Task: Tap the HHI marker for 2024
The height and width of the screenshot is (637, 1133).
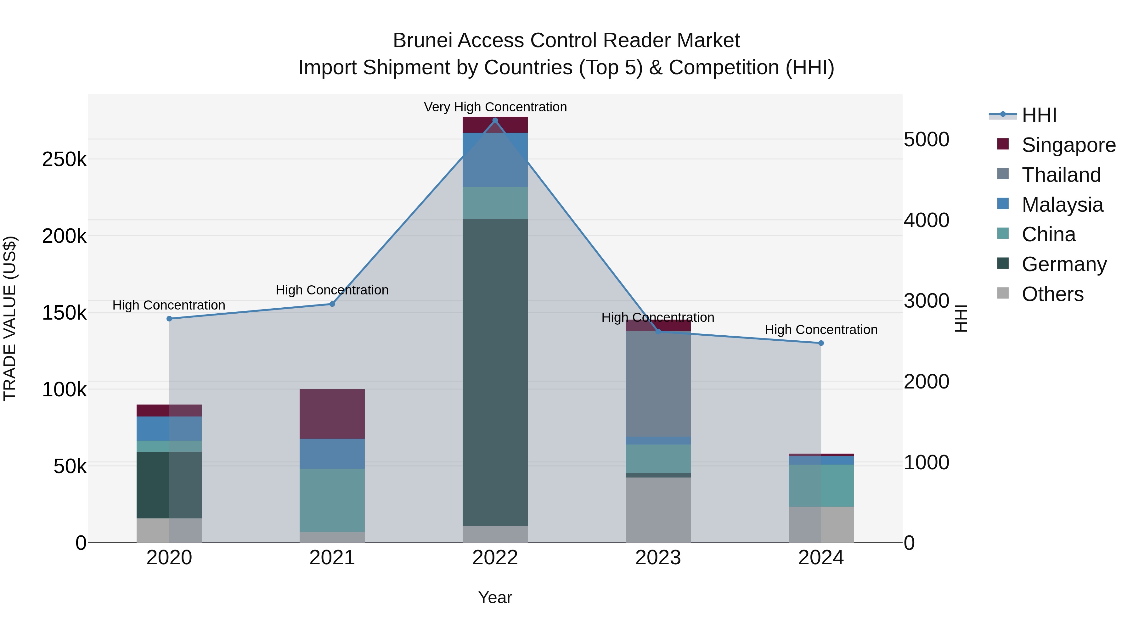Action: click(821, 343)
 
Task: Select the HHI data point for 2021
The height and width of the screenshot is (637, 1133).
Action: click(332, 304)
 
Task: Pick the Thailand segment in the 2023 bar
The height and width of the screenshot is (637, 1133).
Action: click(658, 384)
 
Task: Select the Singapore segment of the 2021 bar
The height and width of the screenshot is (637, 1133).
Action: click(332, 414)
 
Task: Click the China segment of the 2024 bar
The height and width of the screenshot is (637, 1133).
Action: click(821, 485)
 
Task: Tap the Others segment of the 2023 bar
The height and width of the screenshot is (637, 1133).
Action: click(658, 510)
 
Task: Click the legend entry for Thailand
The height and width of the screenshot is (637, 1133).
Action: click(1061, 175)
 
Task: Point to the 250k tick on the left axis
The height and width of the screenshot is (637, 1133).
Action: click(64, 159)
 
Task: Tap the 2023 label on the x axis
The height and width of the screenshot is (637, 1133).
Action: click(658, 558)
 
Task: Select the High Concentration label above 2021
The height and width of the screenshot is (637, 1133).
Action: click(332, 290)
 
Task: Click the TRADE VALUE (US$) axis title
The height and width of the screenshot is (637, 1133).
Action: click(10, 318)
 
